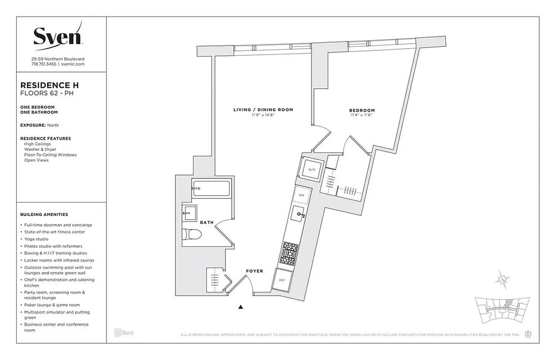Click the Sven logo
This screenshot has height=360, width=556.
point(58,35)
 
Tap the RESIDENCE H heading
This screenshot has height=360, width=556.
point(50,85)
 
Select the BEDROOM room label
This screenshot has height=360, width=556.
point(362,111)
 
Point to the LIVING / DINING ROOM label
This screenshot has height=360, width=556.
point(263,110)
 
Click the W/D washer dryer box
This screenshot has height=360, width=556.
point(311,170)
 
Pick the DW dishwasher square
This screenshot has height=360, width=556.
point(302,195)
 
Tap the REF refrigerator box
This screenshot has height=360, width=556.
point(282,279)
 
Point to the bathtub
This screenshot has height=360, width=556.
point(211,188)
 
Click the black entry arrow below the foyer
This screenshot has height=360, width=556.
point(241,307)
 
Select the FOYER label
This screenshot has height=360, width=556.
point(255,271)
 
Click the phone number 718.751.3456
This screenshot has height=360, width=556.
point(44,64)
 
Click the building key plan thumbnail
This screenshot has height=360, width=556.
point(502,310)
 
